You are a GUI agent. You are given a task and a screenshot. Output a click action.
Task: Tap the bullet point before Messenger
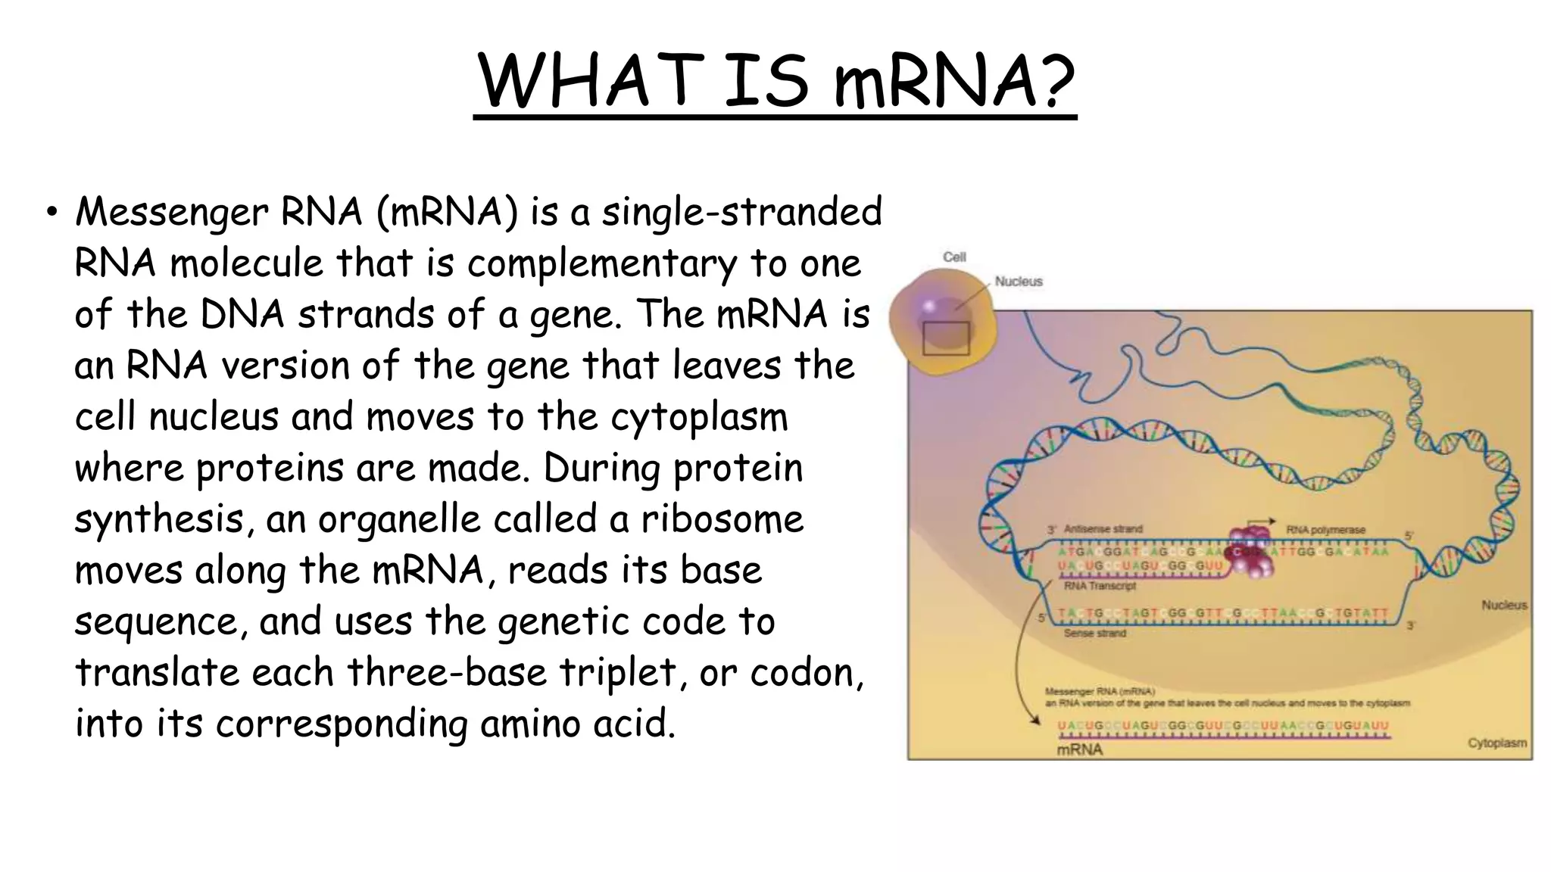(51, 213)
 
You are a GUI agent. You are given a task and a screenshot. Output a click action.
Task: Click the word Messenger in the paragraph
(171, 213)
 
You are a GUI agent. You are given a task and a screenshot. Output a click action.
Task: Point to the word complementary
(601, 263)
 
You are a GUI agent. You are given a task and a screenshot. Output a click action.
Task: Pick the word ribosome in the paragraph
(722, 519)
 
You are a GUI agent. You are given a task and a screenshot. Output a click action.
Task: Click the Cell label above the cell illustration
(954, 257)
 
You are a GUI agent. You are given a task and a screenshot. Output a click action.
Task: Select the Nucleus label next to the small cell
(1019, 282)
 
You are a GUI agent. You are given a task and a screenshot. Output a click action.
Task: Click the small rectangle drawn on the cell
(946, 338)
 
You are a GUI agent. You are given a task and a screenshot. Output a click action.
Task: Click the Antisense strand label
(1103, 529)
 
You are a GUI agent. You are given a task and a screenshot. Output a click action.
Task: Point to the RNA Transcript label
(1100, 586)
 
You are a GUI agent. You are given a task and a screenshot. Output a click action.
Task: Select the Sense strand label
(1094, 633)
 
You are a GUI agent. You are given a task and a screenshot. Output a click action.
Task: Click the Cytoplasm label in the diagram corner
(1496, 743)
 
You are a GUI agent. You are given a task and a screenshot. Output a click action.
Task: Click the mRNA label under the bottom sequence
(1079, 750)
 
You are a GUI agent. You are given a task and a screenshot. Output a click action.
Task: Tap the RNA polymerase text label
(1325, 530)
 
